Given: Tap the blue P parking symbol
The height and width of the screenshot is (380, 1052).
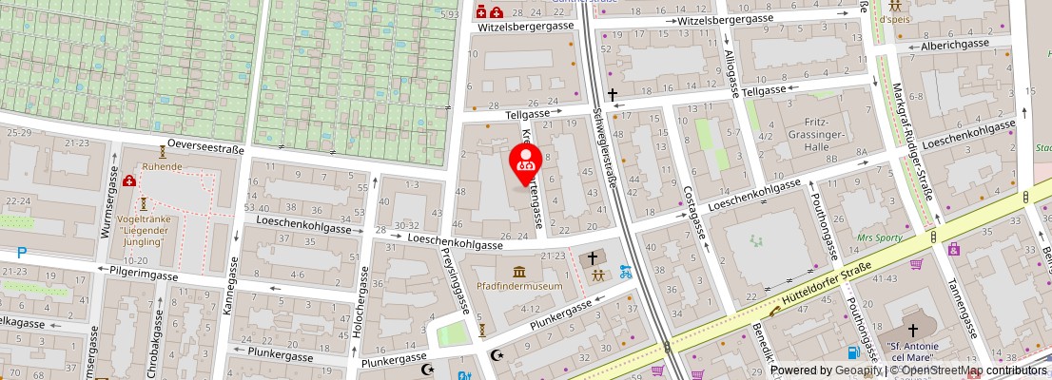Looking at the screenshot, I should [x=21, y=253].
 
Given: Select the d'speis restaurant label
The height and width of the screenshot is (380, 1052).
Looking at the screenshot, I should [x=895, y=19].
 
